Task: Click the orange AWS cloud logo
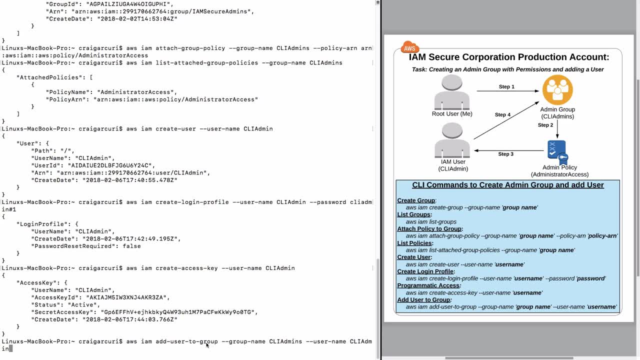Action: pos(409,47)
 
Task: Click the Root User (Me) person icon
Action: pos(452,92)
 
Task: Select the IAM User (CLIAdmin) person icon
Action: pos(452,140)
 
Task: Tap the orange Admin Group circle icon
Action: pos(557,90)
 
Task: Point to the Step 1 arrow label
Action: pos(506,87)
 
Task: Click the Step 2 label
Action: pos(545,125)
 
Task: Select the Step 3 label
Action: pos(505,154)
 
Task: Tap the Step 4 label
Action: pos(502,115)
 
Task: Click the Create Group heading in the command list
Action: pos(416,200)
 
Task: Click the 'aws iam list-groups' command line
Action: pos(431,221)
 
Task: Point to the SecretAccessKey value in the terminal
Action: pos(179,312)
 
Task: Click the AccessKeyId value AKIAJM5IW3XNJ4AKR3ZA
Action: pos(127,297)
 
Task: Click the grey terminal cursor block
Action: pos(10,348)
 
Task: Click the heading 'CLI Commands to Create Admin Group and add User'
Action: pos(507,185)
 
